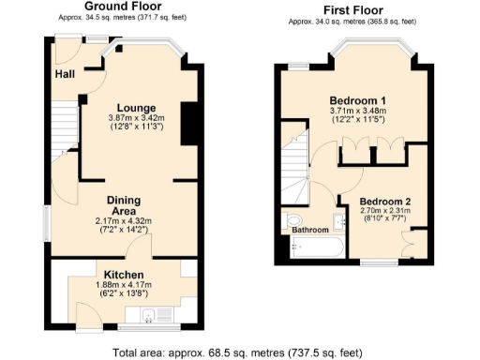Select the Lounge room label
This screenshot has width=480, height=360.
point(137,108)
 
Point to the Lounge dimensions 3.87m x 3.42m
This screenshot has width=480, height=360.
point(137,118)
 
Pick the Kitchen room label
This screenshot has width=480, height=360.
point(123,275)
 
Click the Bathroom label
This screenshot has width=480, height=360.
point(309,230)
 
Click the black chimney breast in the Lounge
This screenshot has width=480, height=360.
point(188,121)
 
